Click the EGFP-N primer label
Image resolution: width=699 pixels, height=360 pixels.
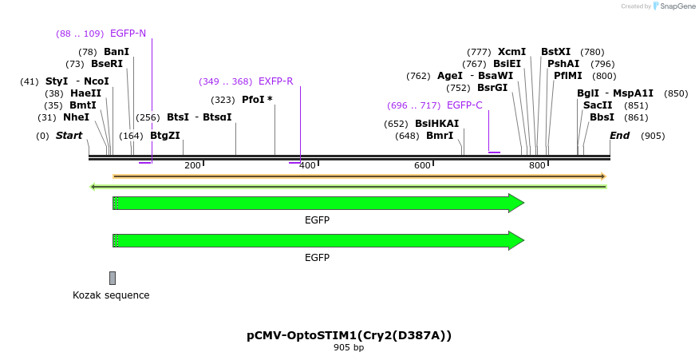[x=128, y=34]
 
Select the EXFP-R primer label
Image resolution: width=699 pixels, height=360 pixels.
[x=275, y=81]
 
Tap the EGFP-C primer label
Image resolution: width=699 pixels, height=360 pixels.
[x=464, y=105]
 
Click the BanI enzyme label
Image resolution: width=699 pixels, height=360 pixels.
[x=116, y=52]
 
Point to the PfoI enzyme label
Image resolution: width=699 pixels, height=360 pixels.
[x=256, y=100]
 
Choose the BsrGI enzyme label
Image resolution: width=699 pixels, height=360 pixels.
[x=492, y=88]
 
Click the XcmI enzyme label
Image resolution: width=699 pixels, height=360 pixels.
[x=511, y=52]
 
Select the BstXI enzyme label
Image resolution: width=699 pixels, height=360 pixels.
[x=555, y=52]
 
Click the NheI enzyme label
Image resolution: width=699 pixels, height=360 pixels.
[x=76, y=117]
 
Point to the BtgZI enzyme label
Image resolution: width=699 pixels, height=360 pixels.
[x=165, y=136]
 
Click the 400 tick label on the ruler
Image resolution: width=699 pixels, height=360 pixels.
[x=307, y=165]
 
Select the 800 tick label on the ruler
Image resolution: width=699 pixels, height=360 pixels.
[x=537, y=165]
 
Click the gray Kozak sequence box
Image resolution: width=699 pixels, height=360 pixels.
[x=113, y=278]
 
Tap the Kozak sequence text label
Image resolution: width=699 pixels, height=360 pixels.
[x=111, y=295]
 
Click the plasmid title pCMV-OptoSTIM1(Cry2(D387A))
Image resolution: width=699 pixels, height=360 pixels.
[x=349, y=335]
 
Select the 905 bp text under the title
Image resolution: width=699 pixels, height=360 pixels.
[x=349, y=348]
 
